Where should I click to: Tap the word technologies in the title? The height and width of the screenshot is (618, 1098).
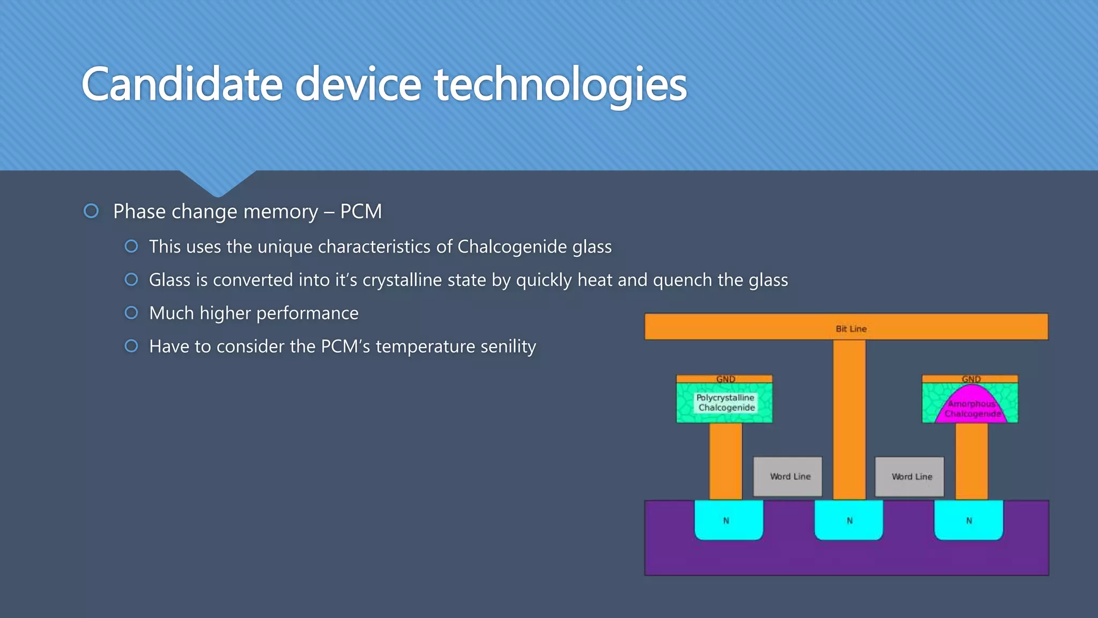pyautogui.click(x=560, y=85)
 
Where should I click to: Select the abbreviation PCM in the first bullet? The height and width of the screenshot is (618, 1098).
pyautogui.click(x=361, y=211)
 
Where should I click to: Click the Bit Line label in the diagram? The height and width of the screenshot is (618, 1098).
pyautogui.click(x=851, y=328)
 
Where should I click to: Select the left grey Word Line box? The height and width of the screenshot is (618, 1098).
pyautogui.click(x=788, y=476)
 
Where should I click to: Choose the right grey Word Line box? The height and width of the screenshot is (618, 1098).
pyautogui.click(x=910, y=476)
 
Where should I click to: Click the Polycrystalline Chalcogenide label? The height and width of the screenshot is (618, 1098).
pyautogui.click(x=725, y=402)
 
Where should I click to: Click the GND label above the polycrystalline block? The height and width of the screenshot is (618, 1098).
pyautogui.click(x=725, y=379)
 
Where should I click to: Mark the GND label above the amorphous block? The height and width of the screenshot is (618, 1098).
pyautogui.click(x=971, y=379)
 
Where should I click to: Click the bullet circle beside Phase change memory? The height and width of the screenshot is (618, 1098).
pyautogui.click(x=91, y=211)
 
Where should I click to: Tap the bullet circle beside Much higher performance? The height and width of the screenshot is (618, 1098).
pyautogui.click(x=131, y=313)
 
